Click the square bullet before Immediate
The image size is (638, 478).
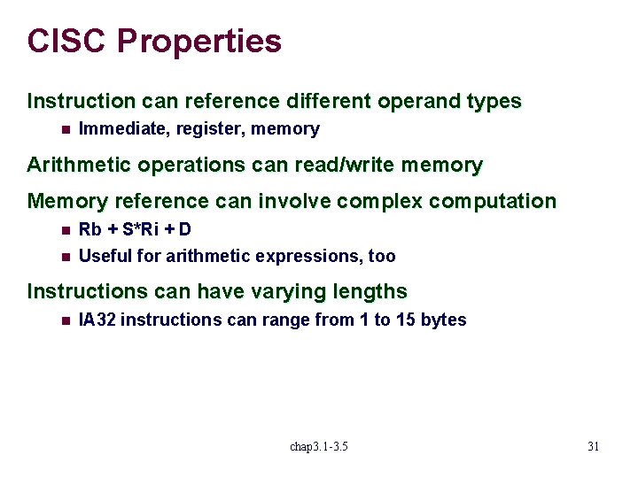pos(65,129)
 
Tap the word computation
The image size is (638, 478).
pos(493,202)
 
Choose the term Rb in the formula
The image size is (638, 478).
pos(89,230)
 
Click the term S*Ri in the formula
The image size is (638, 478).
pos(141,230)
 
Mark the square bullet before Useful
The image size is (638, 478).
pos(65,257)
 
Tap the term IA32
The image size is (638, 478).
pos(97,320)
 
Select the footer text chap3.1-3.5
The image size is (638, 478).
pos(319,447)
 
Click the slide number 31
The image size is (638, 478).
pos(593,447)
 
